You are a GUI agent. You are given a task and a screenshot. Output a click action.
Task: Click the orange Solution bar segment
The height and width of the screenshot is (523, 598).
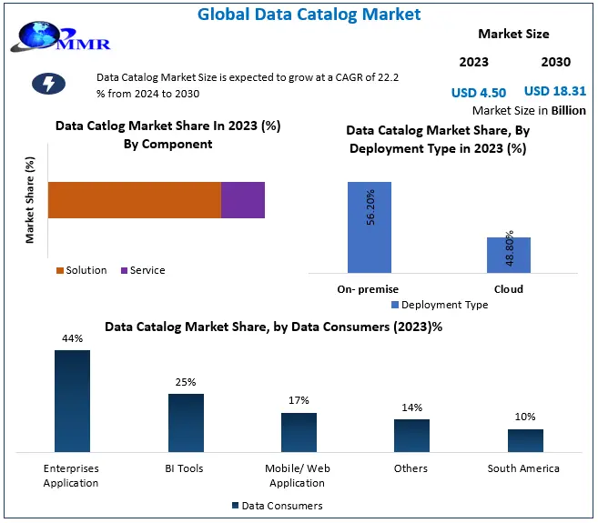(134, 199)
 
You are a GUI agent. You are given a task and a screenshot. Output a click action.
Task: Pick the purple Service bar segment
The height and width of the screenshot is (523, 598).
(243, 199)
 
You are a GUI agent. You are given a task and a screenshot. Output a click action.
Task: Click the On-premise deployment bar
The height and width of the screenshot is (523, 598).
(370, 227)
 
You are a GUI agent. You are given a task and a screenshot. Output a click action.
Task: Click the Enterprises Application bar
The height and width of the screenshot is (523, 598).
(72, 399)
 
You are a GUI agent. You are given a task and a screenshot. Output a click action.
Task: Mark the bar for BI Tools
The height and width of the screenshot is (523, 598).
(186, 422)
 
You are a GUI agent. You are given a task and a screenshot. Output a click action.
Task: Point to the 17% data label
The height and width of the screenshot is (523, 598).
(299, 400)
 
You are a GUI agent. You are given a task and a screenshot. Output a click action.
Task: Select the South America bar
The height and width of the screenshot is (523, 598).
(525, 440)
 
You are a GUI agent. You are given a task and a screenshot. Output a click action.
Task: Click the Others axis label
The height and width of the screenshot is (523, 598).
(411, 468)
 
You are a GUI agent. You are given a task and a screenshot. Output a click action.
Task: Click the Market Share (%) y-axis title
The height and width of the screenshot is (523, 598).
(30, 200)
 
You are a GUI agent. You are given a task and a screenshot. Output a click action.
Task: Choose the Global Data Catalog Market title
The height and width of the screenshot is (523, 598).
(296, 14)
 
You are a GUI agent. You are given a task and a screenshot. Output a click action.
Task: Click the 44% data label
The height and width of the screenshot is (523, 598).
(73, 338)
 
